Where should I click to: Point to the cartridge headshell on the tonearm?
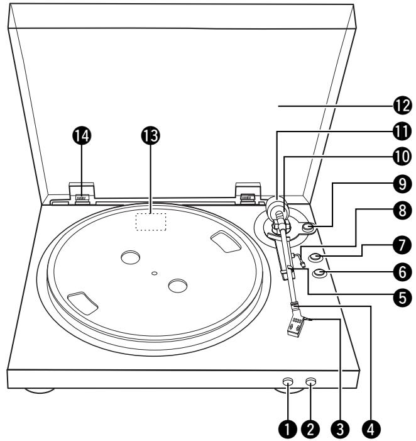click(x=296, y=327)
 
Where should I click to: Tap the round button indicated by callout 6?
click(x=319, y=272)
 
